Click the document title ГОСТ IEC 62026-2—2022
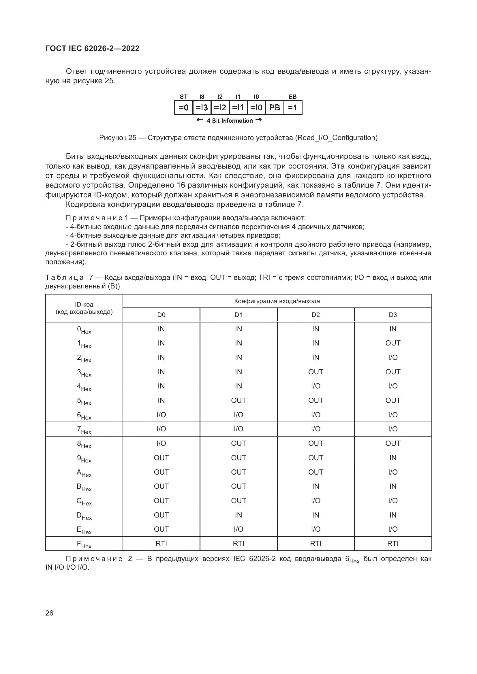[92, 48]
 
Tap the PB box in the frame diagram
[275, 108]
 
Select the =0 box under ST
[184, 108]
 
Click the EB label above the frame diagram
[292, 97]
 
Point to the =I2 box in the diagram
[220, 108]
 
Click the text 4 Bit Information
[229, 121]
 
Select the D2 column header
[316, 315]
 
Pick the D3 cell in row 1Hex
[393, 343]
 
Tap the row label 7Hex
[84, 430]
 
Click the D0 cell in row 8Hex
[161, 443]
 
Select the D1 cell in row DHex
[238, 515]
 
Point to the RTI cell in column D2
[316, 544]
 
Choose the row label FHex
[84, 545]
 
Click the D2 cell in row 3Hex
[316, 372]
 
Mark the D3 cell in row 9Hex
[393, 458]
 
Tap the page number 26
[49, 613]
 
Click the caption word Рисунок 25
[117, 138]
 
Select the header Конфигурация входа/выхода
[277, 301]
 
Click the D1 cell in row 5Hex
[238, 401]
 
